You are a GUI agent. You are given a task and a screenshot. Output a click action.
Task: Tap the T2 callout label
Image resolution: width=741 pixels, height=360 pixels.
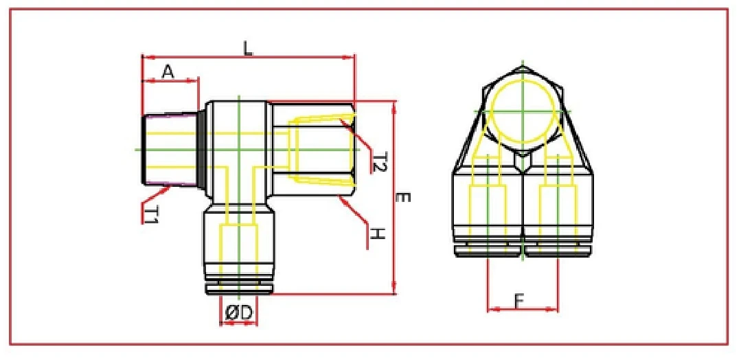coord(380,162)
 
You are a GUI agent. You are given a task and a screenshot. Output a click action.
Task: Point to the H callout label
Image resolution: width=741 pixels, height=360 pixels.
coord(376,234)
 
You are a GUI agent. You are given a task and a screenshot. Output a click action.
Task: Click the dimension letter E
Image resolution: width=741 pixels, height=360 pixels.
coord(404,198)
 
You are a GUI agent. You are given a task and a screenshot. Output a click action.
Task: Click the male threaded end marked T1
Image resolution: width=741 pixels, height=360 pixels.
coord(170,149)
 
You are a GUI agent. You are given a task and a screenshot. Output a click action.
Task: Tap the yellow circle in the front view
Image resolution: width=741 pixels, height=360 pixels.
coord(522,111)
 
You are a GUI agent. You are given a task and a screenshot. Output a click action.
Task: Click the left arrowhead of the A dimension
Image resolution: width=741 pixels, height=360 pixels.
coord(144,81)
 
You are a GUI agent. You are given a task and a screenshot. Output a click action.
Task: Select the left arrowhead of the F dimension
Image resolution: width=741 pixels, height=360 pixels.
coord(490,309)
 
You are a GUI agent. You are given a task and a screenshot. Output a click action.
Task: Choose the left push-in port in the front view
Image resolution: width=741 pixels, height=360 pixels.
coord(488,213)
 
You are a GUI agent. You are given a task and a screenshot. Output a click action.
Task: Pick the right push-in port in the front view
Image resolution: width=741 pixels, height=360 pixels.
coord(556,213)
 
